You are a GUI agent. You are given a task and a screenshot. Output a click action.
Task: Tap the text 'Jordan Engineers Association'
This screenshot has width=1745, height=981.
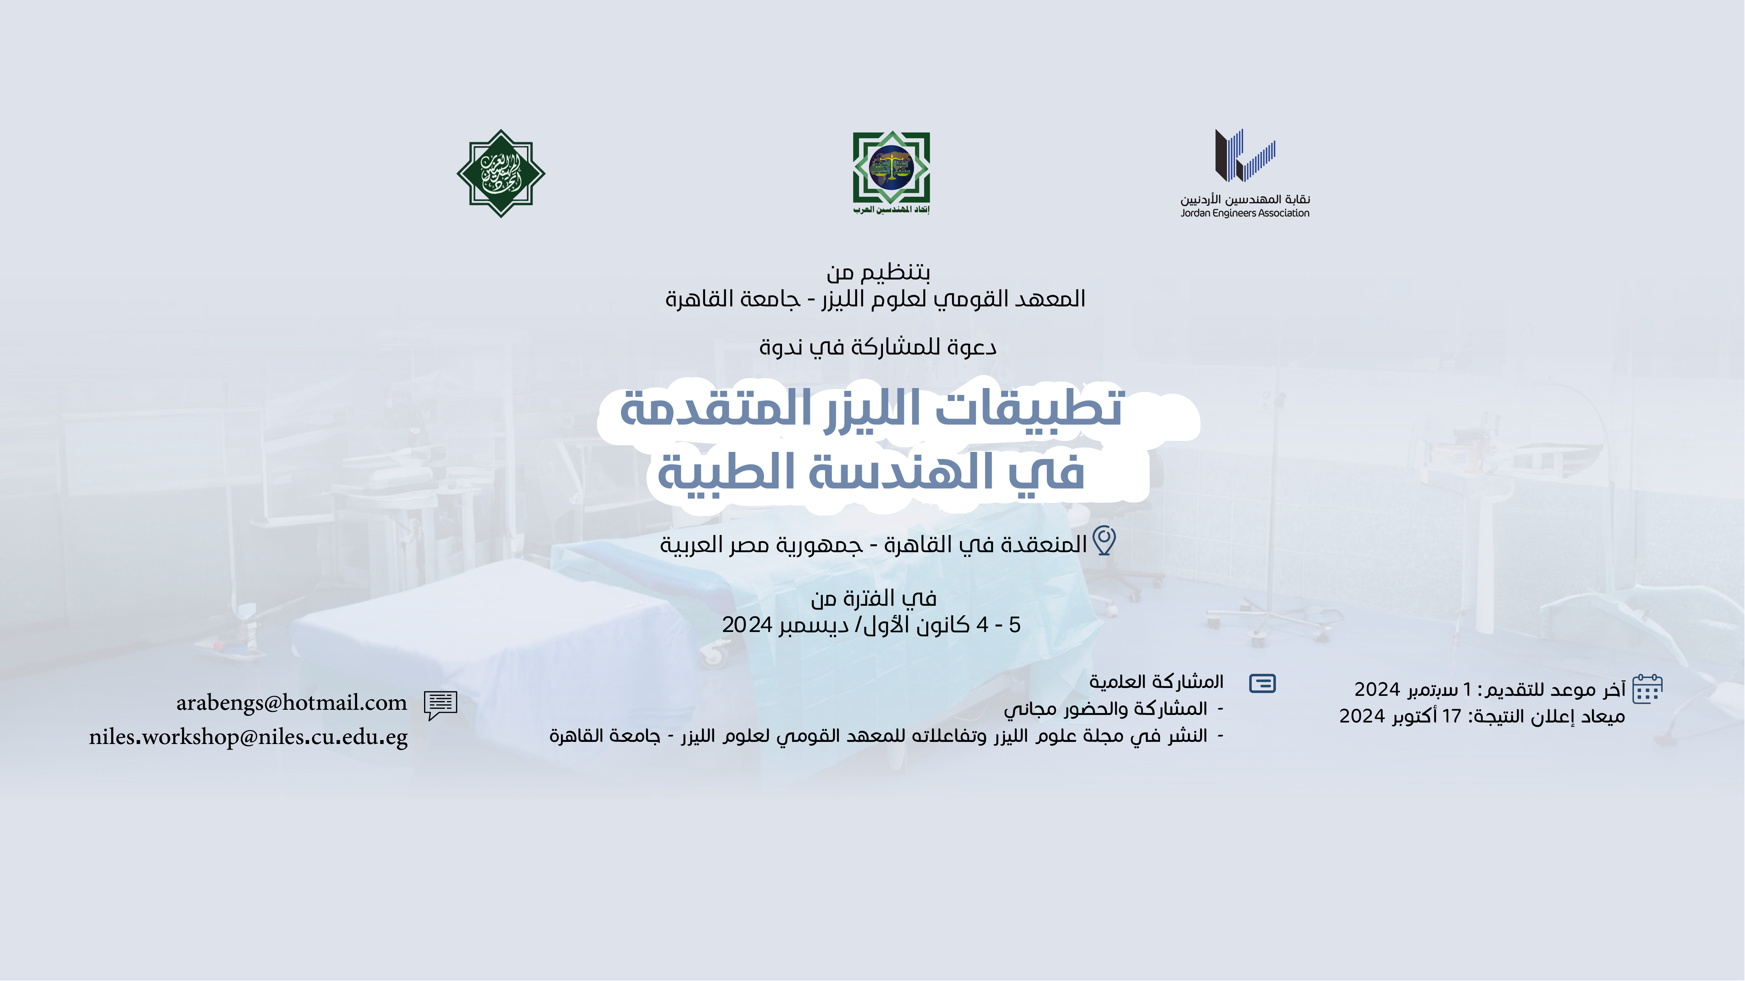[x=1245, y=213]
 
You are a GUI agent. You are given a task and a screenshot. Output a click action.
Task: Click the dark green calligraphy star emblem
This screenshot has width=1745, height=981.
[x=501, y=173]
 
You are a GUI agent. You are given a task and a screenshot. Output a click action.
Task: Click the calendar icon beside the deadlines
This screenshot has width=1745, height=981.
[x=1647, y=689]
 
